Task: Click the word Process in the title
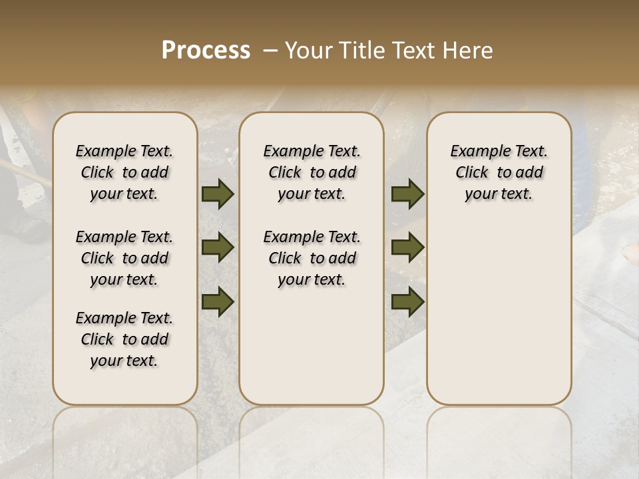coord(206,51)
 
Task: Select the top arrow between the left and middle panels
coord(218,194)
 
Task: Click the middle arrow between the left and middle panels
coord(218,248)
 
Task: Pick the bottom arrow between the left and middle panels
coord(218,303)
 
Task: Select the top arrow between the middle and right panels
coord(407,194)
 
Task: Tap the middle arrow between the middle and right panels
coord(407,248)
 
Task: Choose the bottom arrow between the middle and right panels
coord(407,303)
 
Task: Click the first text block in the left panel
coord(124,172)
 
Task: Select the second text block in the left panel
coord(124,258)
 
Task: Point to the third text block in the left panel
coord(124,339)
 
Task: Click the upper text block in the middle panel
coord(312,172)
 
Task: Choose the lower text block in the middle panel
coord(312,258)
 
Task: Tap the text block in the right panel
coord(499,172)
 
